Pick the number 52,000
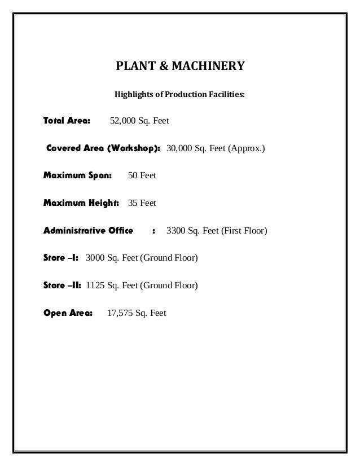(x=124, y=121)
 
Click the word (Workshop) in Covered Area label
(x=134, y=149)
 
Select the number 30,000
(x=181, y=149)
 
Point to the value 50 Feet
(x=142, y=176)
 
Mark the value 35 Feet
(x=142, y=203)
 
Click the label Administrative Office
(x=89, y=231)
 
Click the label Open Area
(x=68, y=313)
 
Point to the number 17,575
(x=120, y=313)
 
